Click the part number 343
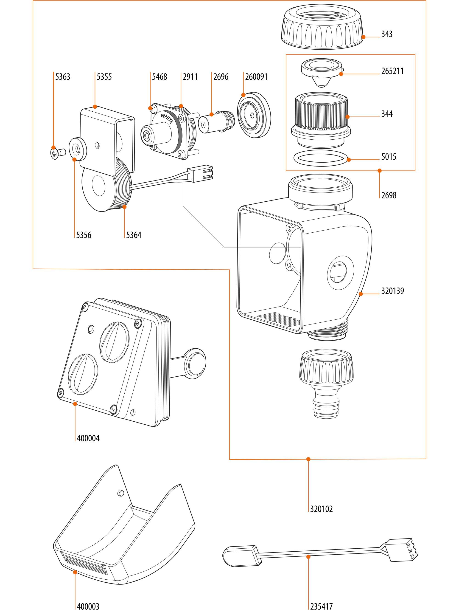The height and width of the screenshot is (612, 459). pyautogui.click(x=386, y=34)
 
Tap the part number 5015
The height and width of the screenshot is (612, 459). pyautogui.click(x=389, y=157)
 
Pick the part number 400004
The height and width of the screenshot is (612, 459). pyautogui.click(x=88, y=438)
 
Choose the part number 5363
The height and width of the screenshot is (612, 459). pyautogui.click(x=62, y=77)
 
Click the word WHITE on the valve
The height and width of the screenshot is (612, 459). pyautogui.click(x=167, y=119)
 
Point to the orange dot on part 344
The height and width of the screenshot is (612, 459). pyautogui.click(x=347, y=117)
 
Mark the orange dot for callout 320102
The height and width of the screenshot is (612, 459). pyautogui.click(x=308, y=460)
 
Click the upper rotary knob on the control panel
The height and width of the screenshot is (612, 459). pyautogui.click(x=114, y=342)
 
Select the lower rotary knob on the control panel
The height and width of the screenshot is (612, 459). pyautogui.click(x=83, y=374)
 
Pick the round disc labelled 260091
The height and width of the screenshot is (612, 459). pyautogui.click(x=254, y=115)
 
